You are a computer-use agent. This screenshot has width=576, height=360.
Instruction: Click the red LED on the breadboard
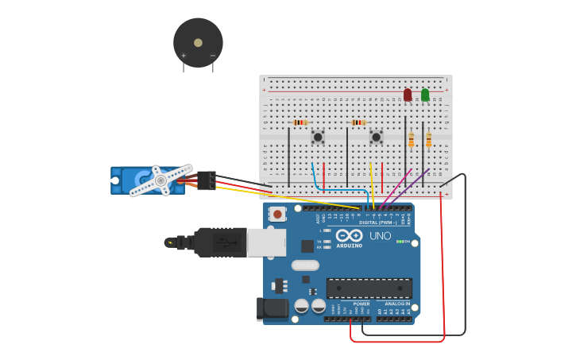click(x=408, y=95)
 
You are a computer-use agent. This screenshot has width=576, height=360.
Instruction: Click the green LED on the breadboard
click(x=425, y=95)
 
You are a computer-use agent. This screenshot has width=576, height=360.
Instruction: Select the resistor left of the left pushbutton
click(x=300, y=122)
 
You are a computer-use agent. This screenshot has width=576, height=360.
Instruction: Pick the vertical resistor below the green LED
click(x=429, y=140)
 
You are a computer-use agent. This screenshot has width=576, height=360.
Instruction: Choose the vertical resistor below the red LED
click(x=412, y=140)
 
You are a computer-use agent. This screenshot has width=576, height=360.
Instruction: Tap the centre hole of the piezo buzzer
click(x=198, y=42)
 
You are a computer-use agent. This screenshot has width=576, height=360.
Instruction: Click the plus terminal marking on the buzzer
click(x=184, y=56)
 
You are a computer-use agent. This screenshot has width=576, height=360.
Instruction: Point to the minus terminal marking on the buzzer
click(x=212, y=56)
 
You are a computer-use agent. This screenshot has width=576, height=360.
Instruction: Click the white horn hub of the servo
click(x=160, y=181)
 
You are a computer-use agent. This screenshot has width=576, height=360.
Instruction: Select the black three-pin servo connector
click(x=207, y=180)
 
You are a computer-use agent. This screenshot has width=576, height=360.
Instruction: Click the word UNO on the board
click(x=380, y=236)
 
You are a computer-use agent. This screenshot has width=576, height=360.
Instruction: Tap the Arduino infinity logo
click(x=349, y=235)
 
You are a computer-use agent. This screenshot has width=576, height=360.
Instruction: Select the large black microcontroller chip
click(x=369, y=288)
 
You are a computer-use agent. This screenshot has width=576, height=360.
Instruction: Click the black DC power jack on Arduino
click(x=272, y=309)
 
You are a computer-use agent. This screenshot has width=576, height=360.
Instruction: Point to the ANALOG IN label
click(x=398, y=304)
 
